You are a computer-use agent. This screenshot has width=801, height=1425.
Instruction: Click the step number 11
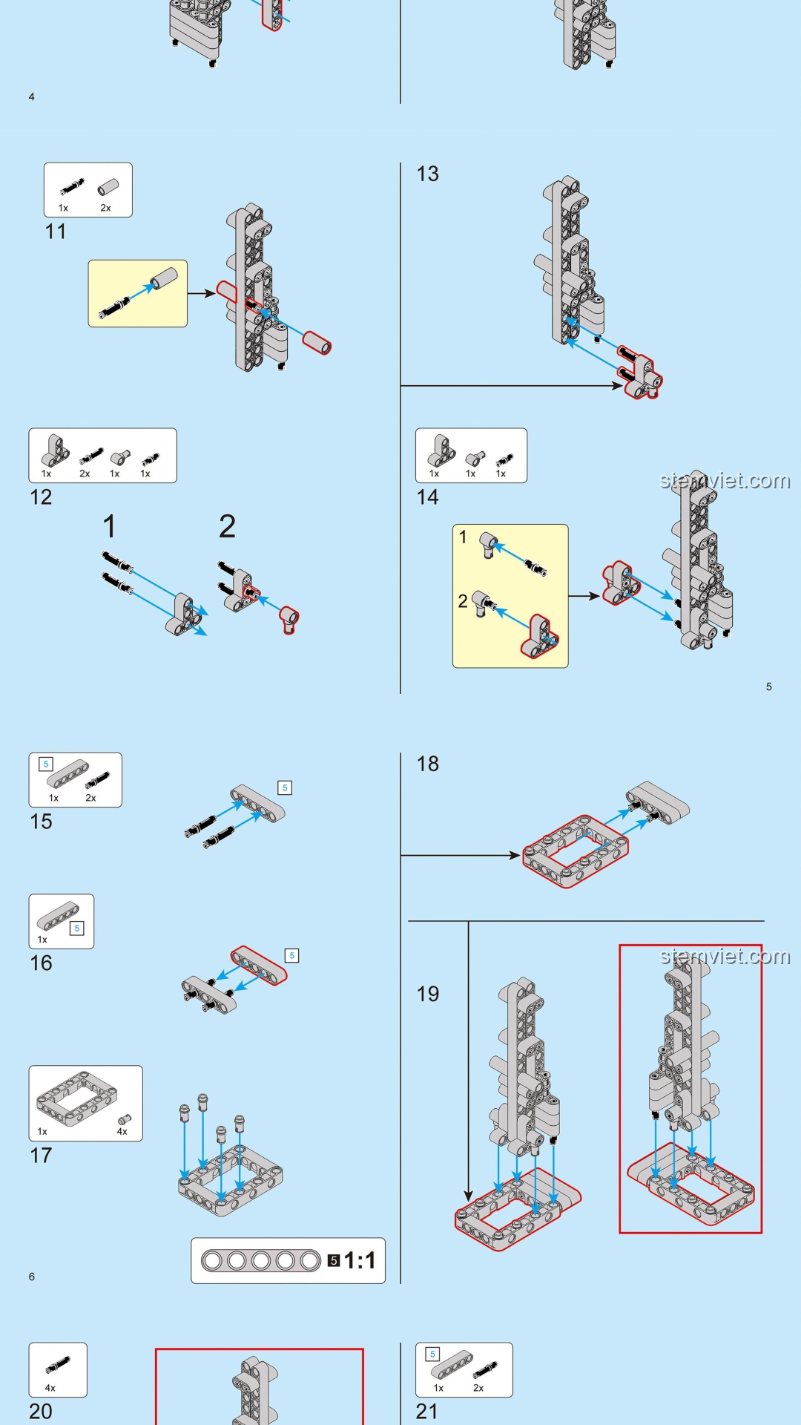click(x=56, y=232)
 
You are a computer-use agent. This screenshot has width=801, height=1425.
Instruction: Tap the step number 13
click(x=428, y=174)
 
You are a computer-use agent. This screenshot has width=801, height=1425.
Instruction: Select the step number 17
click(x=41, y=1156)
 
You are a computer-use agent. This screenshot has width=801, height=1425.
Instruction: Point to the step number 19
click(x=428, y=994)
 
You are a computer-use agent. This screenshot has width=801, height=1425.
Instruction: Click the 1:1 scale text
click(x=360, y=1260)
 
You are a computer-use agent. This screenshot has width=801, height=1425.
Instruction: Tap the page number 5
click(x=769, y=687)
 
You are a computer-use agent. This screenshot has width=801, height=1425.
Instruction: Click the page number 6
click(x=32, y=1277)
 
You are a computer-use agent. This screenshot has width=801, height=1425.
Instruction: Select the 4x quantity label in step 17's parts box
click(x=122, y=1132)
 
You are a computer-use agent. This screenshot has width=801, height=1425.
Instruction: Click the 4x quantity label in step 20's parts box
click(x=50, y=1388)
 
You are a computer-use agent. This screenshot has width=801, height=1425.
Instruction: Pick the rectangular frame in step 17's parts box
click(x=76, y=1098)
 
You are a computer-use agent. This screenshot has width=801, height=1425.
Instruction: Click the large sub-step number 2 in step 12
click(x=227, y=527)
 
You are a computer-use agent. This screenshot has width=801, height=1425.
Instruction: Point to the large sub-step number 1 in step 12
click(x=110, y=527)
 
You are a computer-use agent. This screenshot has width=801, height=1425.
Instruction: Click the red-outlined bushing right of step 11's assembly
click(x=317, y=343)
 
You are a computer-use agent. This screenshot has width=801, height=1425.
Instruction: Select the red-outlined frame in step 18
click(x=576, y=851)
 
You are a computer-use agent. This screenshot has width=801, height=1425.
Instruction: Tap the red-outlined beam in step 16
click(x=259, y=965)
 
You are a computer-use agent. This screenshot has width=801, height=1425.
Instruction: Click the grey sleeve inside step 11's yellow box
click(x=165, y=278)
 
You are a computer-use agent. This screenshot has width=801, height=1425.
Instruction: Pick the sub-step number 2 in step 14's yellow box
click(x=463, y=601)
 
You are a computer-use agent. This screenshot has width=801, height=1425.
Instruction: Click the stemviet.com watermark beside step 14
click(x=725, y=480)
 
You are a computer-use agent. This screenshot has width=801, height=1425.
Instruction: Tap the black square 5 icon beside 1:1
click(x=334, y=1260)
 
